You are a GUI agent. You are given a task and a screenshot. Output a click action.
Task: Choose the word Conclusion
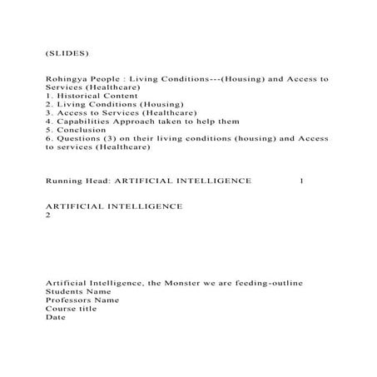click(x=81, y=130)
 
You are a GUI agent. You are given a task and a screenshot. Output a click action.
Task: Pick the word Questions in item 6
click(x=79, y=138)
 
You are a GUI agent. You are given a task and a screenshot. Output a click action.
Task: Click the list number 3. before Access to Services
click(x=49, y=112)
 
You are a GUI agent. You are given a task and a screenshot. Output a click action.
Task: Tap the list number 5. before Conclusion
click(x=49, y=130)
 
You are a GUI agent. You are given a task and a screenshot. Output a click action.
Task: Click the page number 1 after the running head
click(x=301, y=180)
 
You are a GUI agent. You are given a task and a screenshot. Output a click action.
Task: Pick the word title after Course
click(x=87, y=308)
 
